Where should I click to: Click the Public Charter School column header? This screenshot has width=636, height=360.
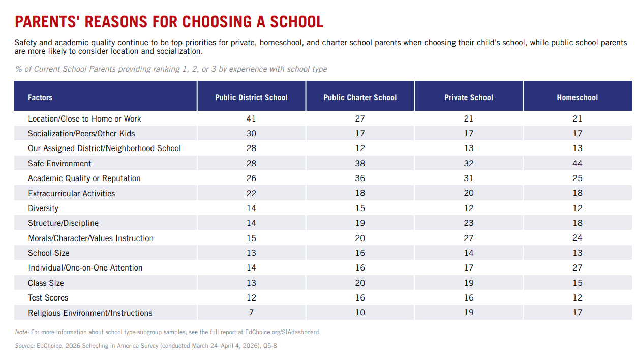pos(360,98)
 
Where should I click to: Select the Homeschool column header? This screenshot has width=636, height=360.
pos(577,98)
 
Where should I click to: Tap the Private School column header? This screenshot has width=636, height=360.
pos(468,98)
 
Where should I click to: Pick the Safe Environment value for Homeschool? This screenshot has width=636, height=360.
pos(577,163)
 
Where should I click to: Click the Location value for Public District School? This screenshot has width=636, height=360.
pos(251,118)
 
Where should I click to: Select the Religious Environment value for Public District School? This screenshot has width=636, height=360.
pos(251,312)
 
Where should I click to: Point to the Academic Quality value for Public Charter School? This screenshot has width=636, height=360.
pos(360,178)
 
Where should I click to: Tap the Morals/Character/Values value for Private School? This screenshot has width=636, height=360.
pos(468,238)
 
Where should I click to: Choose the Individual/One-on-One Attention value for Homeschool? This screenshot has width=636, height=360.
pos(577,267)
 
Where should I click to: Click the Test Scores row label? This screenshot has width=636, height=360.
pos(48,297)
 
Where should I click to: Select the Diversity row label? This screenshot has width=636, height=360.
pos(43,208)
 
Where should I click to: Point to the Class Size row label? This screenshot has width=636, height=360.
pos(46,283)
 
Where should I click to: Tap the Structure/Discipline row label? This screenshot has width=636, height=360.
pos(63,223)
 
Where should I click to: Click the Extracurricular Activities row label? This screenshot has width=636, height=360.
pos(72,193)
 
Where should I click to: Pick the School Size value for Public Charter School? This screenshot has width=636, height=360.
pos(360,253)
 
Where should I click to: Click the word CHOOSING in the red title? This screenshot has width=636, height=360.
pos(217,22)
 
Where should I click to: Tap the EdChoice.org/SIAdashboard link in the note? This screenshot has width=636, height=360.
pos(282,332)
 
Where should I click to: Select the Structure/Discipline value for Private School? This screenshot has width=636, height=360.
pos(468,223)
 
